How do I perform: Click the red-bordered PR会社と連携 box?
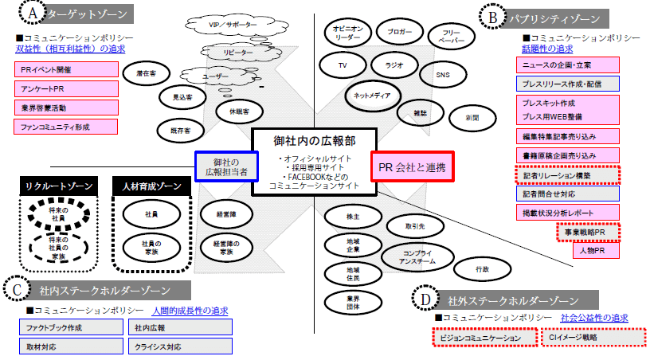[x=412, y=168]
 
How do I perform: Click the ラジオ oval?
[x=394, y=65]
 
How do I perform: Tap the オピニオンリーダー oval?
[x=348, y=33]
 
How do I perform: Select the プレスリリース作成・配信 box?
[x=566, y=83]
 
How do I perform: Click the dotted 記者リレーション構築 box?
[x=566, y=174]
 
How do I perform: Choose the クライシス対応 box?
[x=179, y=346]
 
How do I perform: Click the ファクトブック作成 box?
[x=71, y=327]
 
